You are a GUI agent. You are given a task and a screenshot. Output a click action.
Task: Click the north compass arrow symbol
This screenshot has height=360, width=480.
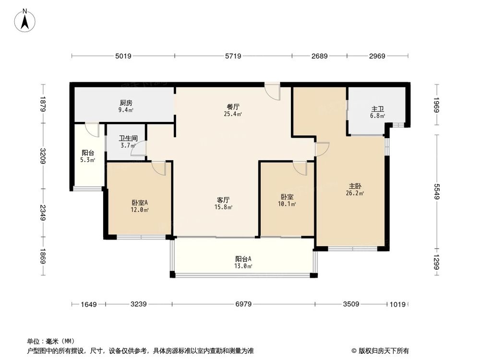coord(25,21)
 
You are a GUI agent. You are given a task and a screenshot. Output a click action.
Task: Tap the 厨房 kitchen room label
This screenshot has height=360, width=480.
coord(126,103)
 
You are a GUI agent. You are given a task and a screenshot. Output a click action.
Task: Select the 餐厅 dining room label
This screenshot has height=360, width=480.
coord(233,108)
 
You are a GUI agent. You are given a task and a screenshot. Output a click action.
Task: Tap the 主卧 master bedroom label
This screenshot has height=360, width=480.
coord(356,186)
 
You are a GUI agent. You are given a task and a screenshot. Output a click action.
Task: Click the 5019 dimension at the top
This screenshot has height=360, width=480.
coord(123,56)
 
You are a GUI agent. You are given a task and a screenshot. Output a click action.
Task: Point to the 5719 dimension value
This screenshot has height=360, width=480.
coord(233,56)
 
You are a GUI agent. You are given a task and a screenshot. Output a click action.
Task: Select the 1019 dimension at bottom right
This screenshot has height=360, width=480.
coord(398,304)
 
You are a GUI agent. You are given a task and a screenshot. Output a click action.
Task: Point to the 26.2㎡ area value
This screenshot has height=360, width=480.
coord(356,193)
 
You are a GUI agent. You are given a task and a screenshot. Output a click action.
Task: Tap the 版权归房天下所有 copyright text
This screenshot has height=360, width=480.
coord(380,350)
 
